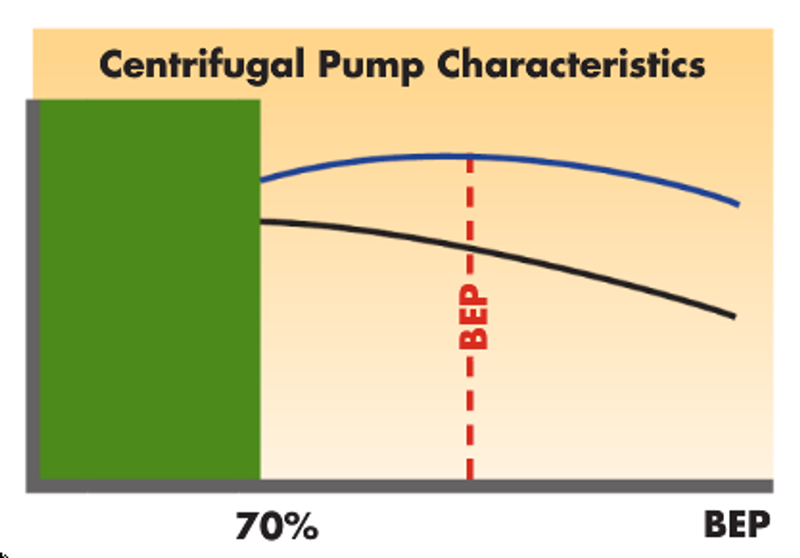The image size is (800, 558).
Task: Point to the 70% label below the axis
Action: point(277,528)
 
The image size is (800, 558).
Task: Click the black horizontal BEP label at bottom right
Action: point(736,526)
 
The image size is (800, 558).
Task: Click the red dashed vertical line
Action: point(470,408)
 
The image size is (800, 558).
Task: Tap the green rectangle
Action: point(150,290)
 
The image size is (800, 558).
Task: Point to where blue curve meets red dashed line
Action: point(470,155)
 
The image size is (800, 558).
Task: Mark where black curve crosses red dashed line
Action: point(470,246)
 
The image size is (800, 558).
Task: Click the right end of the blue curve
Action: point(738,204)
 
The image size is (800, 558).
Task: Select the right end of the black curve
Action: point(735,317)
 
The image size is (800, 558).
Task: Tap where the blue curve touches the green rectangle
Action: point(262,180)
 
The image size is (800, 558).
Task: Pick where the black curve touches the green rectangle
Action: point(262,220)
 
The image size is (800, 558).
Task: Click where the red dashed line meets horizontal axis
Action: point(470,481)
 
